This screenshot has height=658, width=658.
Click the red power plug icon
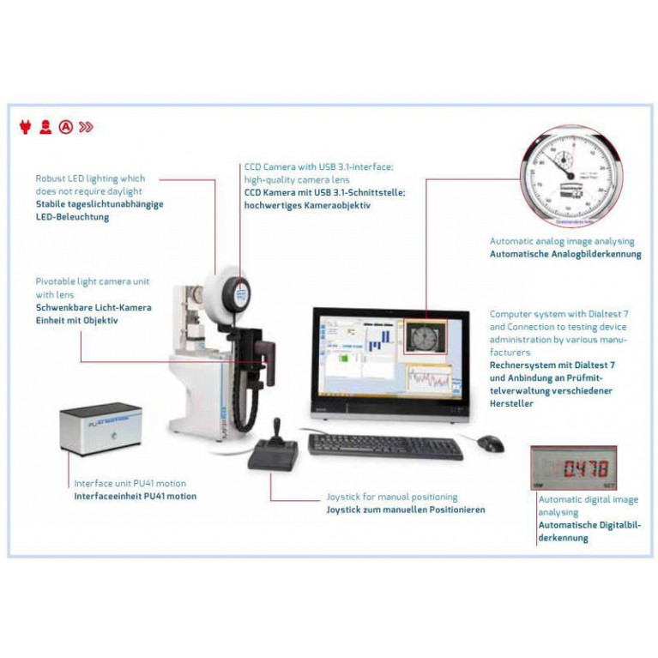pos(25,128)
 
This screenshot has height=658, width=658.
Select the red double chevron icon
pos(86,128)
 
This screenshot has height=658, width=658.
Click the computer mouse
pos(490,443)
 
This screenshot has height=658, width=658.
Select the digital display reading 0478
pos(574,468)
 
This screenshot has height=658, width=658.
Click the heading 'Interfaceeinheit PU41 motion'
pos(135,496)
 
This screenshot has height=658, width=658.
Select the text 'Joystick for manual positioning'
pos(392,497)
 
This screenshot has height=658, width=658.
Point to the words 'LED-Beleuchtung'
pos(72,217)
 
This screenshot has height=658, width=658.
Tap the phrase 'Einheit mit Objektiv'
pos(77,320)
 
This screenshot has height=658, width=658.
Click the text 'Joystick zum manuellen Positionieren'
pos(406,510)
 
